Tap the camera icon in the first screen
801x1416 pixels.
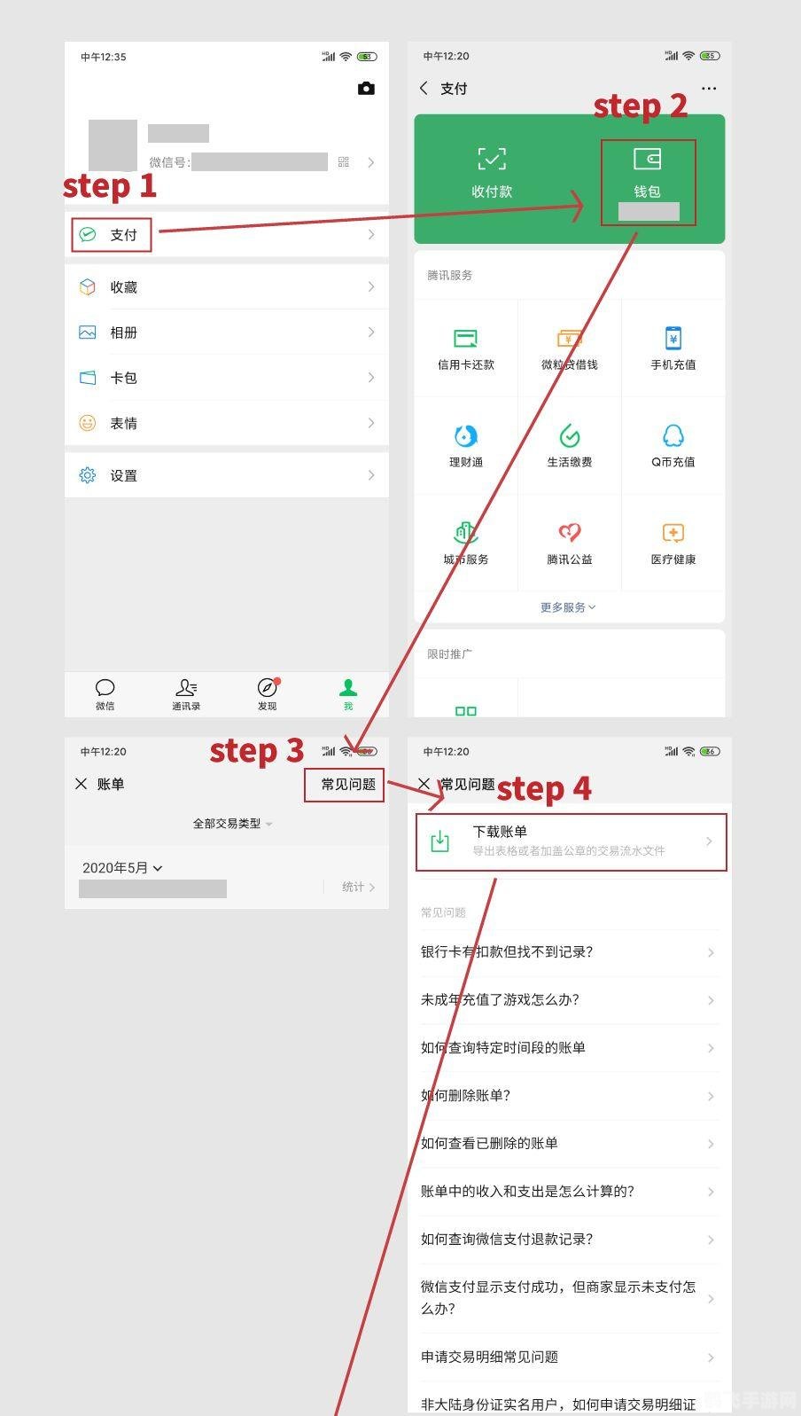(x=366, y=89)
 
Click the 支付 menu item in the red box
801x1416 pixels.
(x=123, y=235)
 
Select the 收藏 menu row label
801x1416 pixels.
(x=123, y=287)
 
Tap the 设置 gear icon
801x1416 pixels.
(x=88, y=475)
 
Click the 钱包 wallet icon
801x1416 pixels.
(x=647, y=160)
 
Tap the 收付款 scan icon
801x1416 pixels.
(x=492, y=160)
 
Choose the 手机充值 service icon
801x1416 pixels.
(x=673, y=338)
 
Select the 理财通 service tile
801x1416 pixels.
(x=466, y=444)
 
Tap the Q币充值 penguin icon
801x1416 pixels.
(x=673, y=435)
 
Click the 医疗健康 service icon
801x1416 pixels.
(x=673, y=533)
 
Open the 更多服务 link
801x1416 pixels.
(x=568, y=607)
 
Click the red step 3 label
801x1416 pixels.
(x=256, y=751)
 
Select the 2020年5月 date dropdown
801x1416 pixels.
(x=122, y=868)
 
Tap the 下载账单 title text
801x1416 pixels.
(x=500, y=832)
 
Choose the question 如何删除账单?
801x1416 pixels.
(x=466, y=1096)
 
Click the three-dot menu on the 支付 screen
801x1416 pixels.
(x=709, y=89)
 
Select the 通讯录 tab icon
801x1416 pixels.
(x=186, y=688)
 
